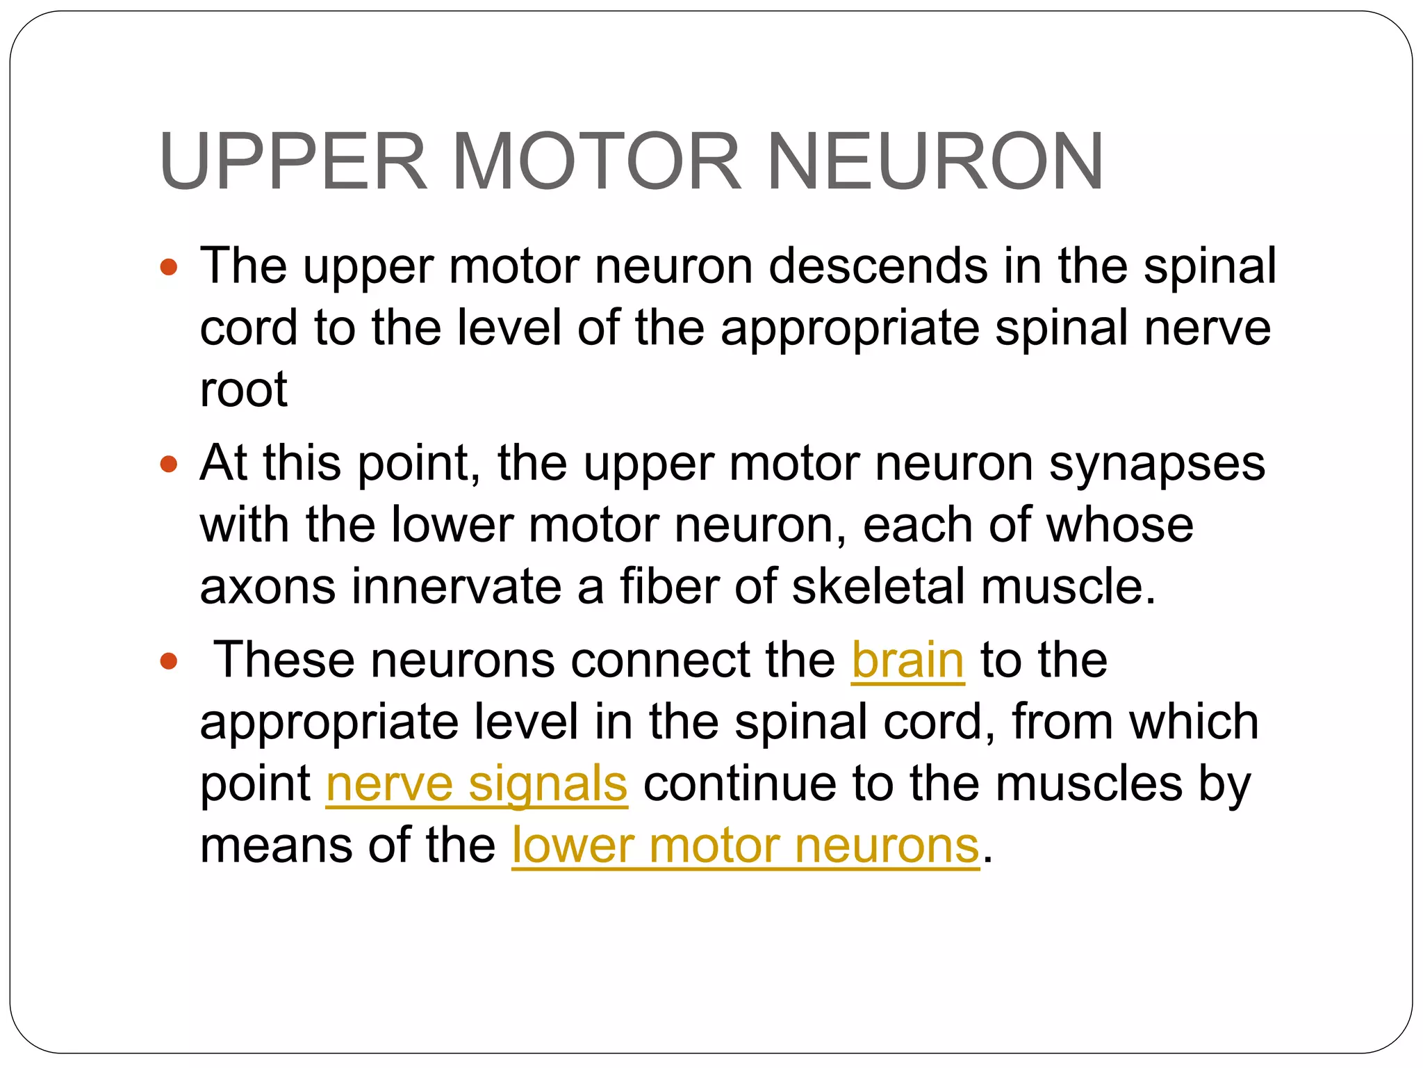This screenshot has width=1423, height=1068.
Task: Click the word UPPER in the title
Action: [x=293, y=161]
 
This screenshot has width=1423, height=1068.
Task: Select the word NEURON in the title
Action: [x=935, y=161]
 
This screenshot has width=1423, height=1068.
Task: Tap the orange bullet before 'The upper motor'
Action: [x=169, y=267]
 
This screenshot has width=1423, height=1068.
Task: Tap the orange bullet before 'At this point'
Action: [x=169, y=464]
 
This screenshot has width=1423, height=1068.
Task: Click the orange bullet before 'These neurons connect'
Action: [x=169, y=661]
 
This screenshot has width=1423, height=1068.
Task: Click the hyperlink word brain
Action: [x=907, y=661]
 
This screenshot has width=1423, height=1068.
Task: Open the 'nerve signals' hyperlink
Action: [x=477, y=784]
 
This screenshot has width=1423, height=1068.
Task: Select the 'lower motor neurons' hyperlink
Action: [x=746, y=846]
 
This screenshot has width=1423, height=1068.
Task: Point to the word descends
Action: [x=878, y=267]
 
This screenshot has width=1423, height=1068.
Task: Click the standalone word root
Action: [x=243, y=390]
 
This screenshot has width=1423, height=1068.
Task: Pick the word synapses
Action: [x=1157, y=464]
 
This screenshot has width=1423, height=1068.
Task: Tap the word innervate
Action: [x=456, y=587]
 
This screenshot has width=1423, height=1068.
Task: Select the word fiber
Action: [x=669, y=587]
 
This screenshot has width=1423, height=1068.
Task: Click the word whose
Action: [x=1119, y=526]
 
